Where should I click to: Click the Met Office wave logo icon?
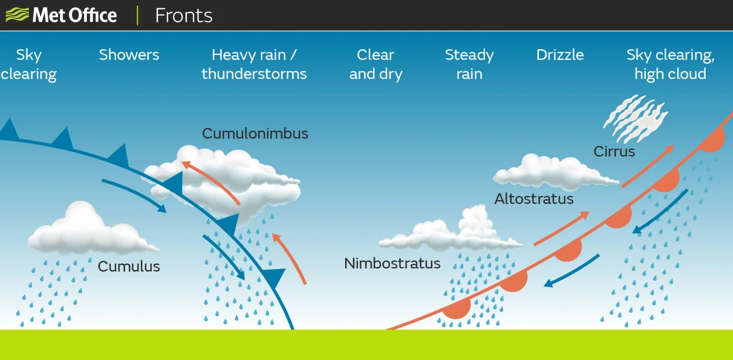point(17,14)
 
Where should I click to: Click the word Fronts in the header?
point(183,15)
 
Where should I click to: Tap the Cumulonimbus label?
point(255,133)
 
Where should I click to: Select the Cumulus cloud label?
point(129,266)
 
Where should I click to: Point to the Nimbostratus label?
point(392,263)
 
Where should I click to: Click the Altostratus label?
point(534,199)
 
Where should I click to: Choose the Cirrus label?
point(614,151)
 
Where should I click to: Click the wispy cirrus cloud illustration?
point(635,119)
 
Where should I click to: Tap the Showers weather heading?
point(129,55)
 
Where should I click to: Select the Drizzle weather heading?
point(560,55)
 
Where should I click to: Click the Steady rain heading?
point(469,64)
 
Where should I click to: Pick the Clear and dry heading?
point(376,64)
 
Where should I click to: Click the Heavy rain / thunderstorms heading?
point(254,64)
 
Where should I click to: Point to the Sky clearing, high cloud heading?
point(670,64)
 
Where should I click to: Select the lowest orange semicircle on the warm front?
point(457,308)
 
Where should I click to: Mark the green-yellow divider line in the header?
point(137,15)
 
